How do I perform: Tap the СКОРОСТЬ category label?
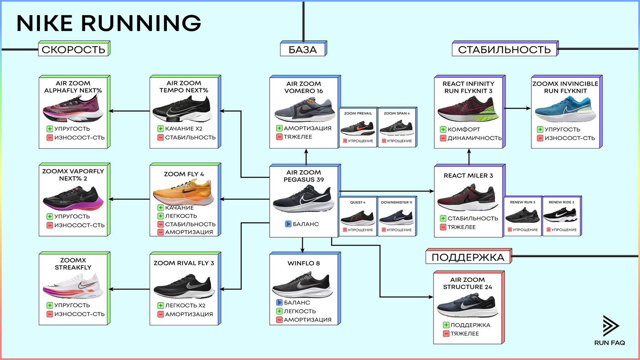click(74, 50)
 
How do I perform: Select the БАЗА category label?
click(303, 50)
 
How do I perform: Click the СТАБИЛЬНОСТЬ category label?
click(504, 50)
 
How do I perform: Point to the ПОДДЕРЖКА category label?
click(468, 257)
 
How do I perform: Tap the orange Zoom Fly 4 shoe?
click(184, 192)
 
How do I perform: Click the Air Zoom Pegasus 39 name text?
click(304, 176)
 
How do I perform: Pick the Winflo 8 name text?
click(304, 263)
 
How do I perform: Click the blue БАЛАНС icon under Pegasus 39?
click(288, 224)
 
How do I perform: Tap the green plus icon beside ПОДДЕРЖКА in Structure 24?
click(446, 325)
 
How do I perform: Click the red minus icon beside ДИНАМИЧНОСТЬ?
click(443, 138)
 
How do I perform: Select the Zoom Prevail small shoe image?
click(358, 128)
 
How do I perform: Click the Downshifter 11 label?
click(397, 202)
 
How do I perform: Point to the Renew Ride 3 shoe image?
click(562, 216)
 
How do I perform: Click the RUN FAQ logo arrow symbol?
click(610, 326)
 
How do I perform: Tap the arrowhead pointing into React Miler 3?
click(432, 191)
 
